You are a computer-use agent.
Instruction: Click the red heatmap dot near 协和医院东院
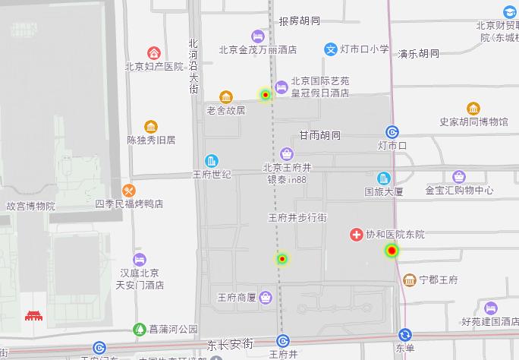(x=392, y=250)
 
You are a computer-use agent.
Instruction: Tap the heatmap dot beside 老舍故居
(x=266, y=95)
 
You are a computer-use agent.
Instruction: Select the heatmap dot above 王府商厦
(x=282, y=259)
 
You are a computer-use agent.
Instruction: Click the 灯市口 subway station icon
(x=392, y=131)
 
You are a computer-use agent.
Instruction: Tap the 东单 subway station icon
(x=405, y=335)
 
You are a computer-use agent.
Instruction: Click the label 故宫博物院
(x=30, y=206)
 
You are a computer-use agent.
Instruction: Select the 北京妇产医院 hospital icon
(x=154, y=53)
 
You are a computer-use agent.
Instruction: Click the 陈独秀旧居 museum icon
(x=151, y=127)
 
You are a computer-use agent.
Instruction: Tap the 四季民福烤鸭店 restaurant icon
(x=129, y=190)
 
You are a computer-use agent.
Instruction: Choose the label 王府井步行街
(x=297, y=218)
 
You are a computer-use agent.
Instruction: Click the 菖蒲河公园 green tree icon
(x=139, y=329)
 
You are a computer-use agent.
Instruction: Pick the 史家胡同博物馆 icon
(x=473, y=109)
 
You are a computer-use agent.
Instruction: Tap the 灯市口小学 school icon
(x=331, y=49)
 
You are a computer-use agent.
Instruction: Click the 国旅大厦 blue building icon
(x=384, y=178)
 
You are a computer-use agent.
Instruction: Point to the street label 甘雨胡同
(x=319, y=135)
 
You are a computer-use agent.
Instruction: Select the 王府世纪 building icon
(x=212, y=161)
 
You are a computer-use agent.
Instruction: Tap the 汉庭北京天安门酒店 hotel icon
(x=139, y=260)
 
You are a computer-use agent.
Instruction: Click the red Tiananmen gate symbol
(x=34, y=315)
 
